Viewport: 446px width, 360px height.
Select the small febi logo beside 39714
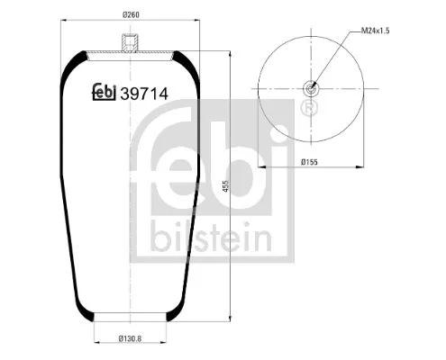[105, 92]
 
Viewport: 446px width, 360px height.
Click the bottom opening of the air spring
[132, 318]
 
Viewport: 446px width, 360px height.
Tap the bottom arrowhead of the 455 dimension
[233, 317]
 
